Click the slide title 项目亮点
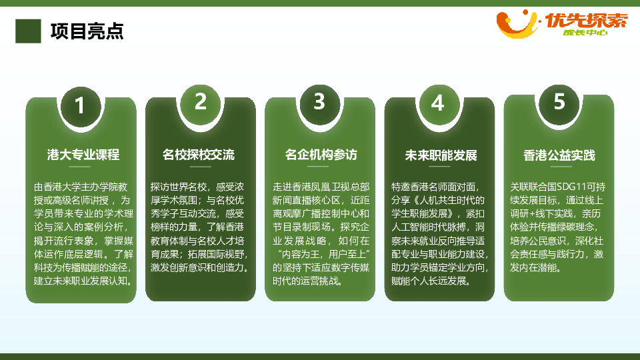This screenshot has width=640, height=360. click(87, 31)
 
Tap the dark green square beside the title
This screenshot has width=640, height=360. click(28, 31)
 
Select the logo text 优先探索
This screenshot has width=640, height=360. click(586, 21)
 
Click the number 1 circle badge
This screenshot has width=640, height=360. click(81, 106)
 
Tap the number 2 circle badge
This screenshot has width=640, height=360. click(200, 103)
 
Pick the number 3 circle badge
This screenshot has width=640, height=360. click(319, 103)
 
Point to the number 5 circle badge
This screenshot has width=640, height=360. click(559, 103)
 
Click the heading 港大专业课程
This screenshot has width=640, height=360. click(83, 155)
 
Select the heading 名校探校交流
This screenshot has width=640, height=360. click(199, 155)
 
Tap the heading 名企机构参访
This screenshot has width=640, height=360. click(321, 155)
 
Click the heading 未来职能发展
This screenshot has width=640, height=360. click(441, 155)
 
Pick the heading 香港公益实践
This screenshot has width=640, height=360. click(559, 155)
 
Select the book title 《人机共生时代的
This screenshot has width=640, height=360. click(449, 201)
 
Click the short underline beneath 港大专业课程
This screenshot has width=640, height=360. click(79, 167)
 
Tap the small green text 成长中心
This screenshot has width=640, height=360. click(585, 33)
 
